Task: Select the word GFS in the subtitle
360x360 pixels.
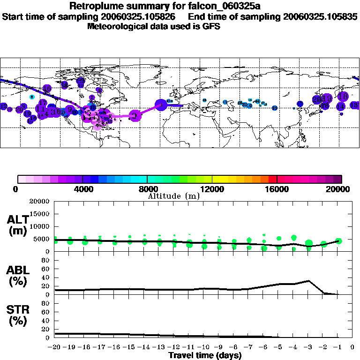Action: click(x=211, y=26)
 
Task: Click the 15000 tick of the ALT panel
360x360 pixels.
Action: click(x=40, y=214)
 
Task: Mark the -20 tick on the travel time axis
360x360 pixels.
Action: click(x=55, y=348)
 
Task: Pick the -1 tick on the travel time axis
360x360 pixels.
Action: click(x=338, y=348)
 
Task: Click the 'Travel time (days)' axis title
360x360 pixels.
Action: click(x=205, y=356)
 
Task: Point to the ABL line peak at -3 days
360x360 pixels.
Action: click(x=309, y=281)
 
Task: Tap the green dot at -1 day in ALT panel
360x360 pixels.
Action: click(x=338, y=241)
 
